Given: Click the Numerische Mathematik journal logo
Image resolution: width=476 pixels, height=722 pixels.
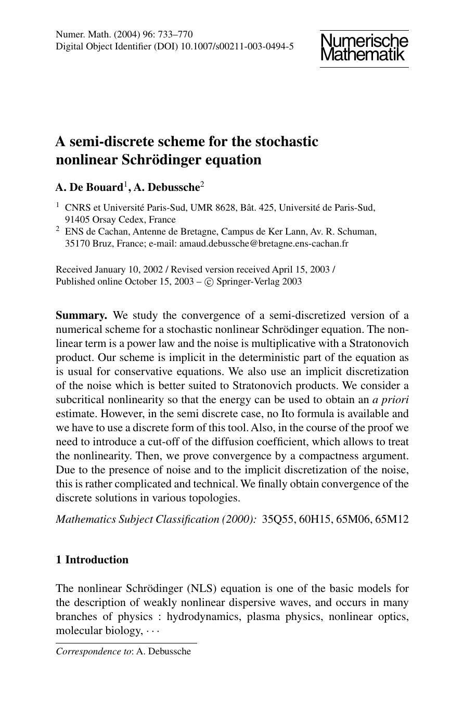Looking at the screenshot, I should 364,48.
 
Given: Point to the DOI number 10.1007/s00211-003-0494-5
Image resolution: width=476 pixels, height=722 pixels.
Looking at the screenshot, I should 237,46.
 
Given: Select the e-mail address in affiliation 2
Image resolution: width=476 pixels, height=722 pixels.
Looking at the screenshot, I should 264,243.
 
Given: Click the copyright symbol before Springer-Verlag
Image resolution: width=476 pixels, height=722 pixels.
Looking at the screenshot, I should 209,282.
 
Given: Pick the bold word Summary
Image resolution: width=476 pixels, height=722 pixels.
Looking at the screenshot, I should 81,315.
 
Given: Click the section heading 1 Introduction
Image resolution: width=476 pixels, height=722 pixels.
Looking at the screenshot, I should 92,560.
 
